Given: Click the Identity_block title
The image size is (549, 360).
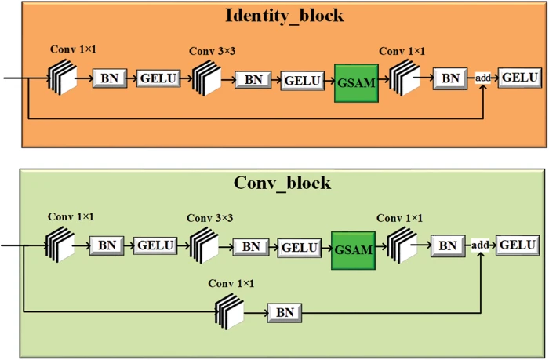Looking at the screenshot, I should (x=285, y=15).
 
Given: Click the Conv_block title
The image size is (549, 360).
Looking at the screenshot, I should (x=282, y=184).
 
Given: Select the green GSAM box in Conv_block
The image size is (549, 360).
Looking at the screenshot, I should (x=352, y=247).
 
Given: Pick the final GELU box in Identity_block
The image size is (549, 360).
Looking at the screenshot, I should (x=519, y=78).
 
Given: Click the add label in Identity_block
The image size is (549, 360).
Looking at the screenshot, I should (x=484, y=78).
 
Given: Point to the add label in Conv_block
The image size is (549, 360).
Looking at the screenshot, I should (x=480, y=245).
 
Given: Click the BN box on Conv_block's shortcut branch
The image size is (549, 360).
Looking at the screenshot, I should (x=284, y=313).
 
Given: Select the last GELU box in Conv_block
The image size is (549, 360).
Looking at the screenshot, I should (x=517, y=245).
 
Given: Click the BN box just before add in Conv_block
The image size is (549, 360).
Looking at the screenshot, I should (x=447, y=245).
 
